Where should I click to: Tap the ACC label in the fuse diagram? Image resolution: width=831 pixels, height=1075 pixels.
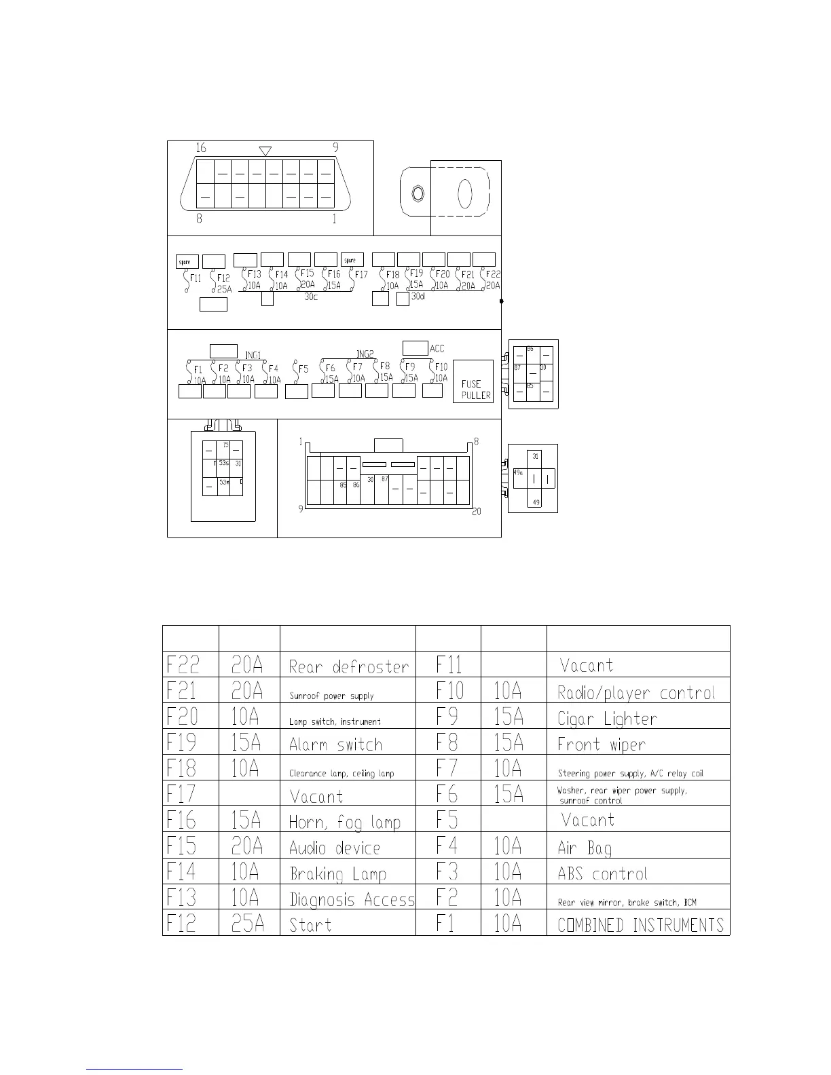[437, 349]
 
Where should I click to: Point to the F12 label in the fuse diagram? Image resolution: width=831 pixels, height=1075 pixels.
[223, 278]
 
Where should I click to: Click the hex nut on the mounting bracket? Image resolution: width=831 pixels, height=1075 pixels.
[418, 194]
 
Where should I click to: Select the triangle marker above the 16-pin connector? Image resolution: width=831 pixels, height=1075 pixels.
[265, 151]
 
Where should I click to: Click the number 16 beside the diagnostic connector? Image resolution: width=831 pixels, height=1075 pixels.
[201, 148]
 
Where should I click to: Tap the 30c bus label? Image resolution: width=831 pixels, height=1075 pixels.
[311, 297]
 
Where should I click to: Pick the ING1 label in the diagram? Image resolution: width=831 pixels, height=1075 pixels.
[253, 355]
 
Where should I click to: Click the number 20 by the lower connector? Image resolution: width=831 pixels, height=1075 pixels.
[477, 512]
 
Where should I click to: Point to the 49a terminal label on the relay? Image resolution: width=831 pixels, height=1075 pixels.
[519, 472]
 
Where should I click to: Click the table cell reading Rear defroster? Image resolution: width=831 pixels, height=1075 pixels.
[348, 666]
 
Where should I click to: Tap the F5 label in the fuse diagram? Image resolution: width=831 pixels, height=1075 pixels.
[303, 369]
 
